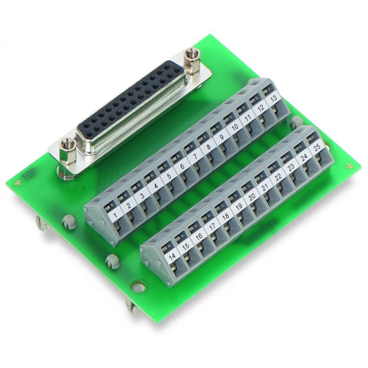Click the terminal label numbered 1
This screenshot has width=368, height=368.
tap(115, 215)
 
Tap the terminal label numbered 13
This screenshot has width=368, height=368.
tap(273, 98)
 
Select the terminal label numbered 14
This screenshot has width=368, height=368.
tap(172, 257)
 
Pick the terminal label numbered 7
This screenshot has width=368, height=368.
tap(195, 156)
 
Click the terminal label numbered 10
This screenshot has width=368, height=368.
tap(235, 127)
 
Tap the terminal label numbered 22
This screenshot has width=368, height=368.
tap(278, 177)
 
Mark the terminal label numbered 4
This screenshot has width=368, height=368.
tap(155, 185)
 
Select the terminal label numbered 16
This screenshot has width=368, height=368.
tap(199, 236)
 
